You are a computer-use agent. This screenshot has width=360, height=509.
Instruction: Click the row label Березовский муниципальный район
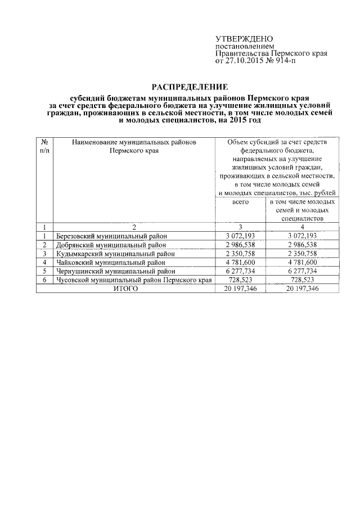click(x=112, y=236)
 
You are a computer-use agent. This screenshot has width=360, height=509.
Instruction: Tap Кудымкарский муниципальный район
click(x=115, y=254)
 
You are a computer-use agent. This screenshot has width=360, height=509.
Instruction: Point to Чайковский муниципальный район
click(x=111, y=262)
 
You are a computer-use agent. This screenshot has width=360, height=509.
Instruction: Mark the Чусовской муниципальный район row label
click(x=134, y=280)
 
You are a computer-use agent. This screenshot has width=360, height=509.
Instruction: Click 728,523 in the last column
click(x=303, y=280)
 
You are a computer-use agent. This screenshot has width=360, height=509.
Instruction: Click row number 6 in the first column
click(x=44, y=280)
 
